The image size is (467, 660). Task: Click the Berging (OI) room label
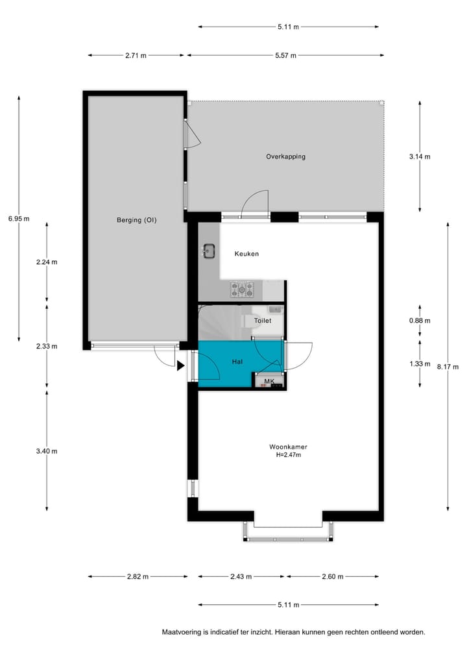coord(136,220)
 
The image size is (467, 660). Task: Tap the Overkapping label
coord(285,156)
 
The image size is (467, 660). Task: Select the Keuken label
coord(246,254)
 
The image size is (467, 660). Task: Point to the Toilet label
coord(263,321)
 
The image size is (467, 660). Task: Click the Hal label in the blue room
coord(237,361)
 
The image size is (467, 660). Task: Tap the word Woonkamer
coord(288,446)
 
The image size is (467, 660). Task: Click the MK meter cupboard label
coord(269,381)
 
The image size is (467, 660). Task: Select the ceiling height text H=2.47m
coord(288,455)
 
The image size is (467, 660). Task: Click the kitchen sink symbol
coord(210,251)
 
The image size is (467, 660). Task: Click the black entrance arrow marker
coord(180,366)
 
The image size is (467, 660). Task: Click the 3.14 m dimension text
coord(420,156)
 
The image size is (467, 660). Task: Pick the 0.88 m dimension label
coord(420,320)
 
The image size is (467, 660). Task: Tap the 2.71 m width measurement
coord(136,56)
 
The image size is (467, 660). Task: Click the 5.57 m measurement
coord(285,56)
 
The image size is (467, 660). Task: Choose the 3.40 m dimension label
coord(47,451)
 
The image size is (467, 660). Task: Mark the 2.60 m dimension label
coord(333,576)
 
